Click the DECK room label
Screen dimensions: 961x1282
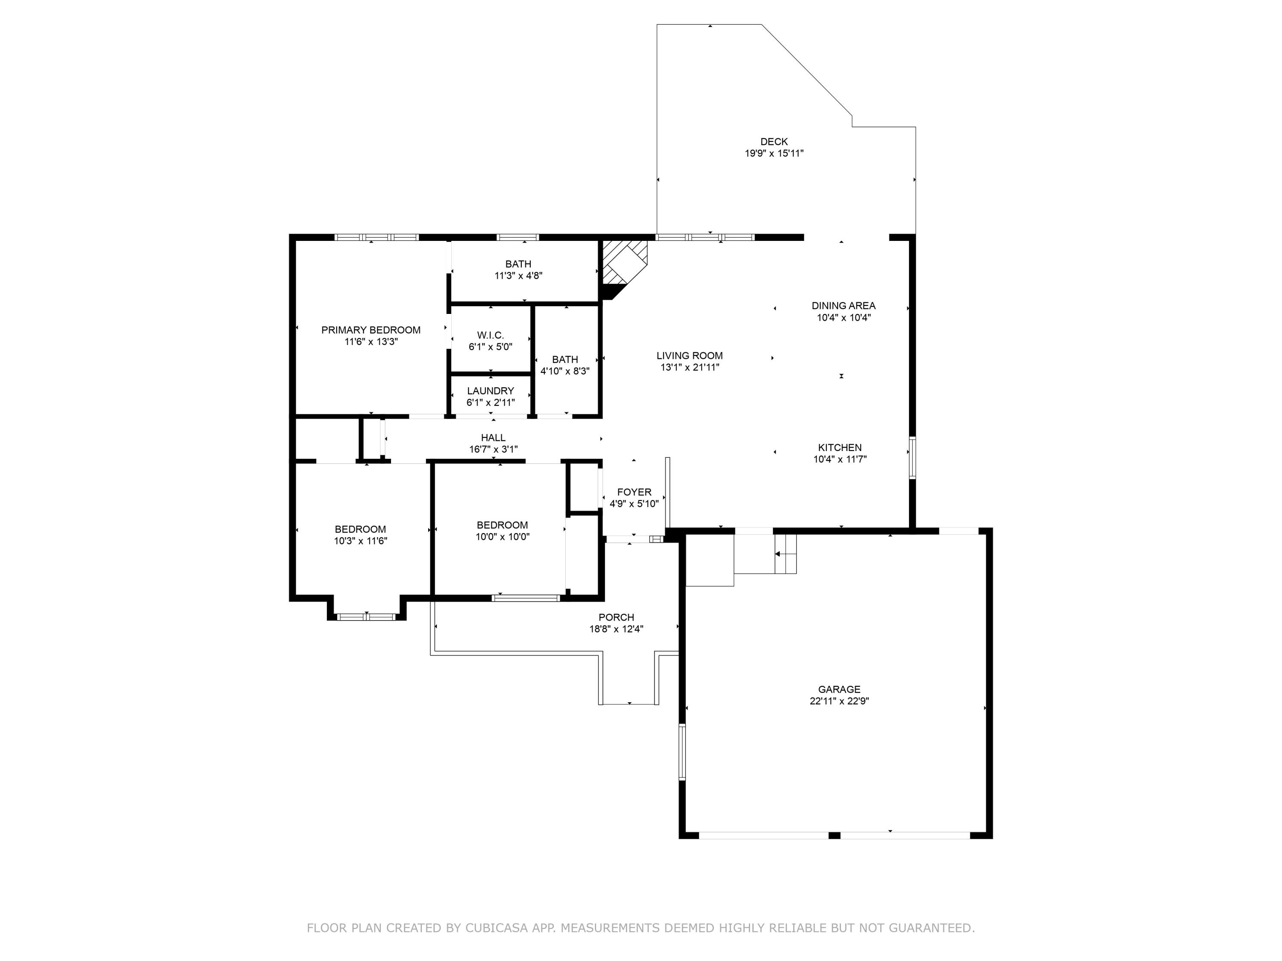[774, 142]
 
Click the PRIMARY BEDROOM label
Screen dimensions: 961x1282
[371, 330]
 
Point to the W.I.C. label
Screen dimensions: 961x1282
[490, 335]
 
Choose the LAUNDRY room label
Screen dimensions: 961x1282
[490, 391]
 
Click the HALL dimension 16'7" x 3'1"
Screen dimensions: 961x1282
[493, 449]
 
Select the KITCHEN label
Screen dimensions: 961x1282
[840, 448]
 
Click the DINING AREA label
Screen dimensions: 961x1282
[843, 306]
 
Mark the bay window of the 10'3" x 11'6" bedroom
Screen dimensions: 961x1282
[366, 617]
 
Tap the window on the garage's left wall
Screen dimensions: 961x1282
[682, 752]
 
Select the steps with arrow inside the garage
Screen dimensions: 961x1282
[785, 554]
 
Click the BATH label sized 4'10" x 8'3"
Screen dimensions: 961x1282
[565, 360]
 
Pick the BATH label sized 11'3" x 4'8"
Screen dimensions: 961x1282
[518, 264]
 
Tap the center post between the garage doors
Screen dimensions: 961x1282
[834, 835]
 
